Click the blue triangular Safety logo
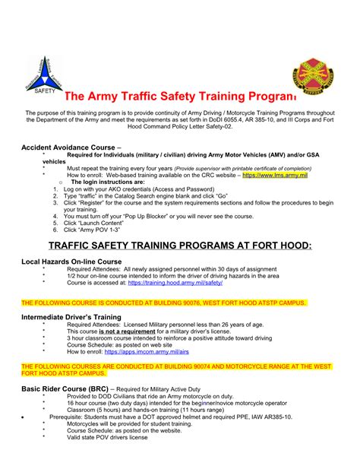pyautogui.click(x=39, y=73)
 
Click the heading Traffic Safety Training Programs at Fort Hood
pyautogui.click(x=180, y=246)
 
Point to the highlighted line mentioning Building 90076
pyautogui.click(x=164, y=302)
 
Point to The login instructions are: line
pyautogui.click(x=106, y=182)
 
